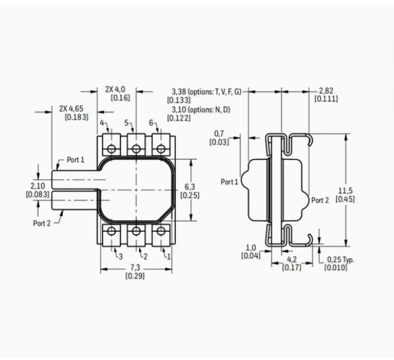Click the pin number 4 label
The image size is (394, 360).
pyautogui.click(x=102, y=123)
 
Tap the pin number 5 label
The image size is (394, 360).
pyautogui.click(x=126, y=123)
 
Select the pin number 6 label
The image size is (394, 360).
pyautogui.click(x=151, y=123)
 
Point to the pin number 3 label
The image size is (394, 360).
pyautogui.click(x=121, y=256)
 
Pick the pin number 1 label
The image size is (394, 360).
pyautogui.click(x=168, y=256)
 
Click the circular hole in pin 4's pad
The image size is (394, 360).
pyautogui.click(x=111, y=149)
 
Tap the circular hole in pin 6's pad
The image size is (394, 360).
pyautogui.click(x=160, y=149)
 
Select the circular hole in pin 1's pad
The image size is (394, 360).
pyautogui.click(x=160, y=231)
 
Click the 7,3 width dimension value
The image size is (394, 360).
pyautogui.click(x=135, y=267)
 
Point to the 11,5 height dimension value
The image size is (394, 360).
pyautogui.click(x=346, y=191)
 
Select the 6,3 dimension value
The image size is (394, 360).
pyautogui.click(x=190, y=187)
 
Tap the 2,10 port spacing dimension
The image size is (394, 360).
pyautogui.click(x=38, y=186)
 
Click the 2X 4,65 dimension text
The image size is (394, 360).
pyautogui.click(x=71, y=109)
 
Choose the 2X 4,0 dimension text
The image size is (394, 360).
pyautogui.click(x=115, y=90)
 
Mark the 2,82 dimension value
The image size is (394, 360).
pyautogui.click(x=326, y=91)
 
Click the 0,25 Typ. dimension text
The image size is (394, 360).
pyautogui.click(x=340, y=260)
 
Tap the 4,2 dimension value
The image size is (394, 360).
pyautogui.click(x=291, y=259)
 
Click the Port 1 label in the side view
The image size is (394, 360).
pyautogui.click(x=229, y=182)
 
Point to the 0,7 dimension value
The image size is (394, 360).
pyautogui.click(x=219, y=134)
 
